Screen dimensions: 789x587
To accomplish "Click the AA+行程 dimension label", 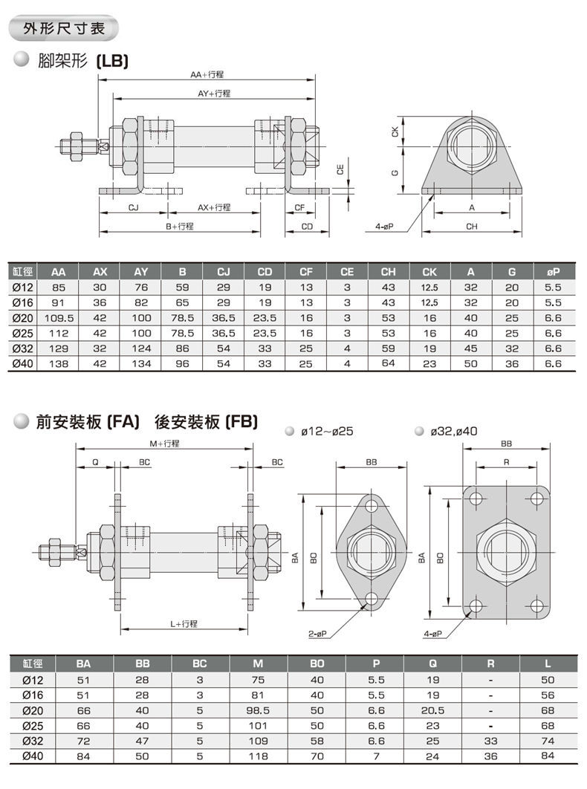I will click(x=207, y=75).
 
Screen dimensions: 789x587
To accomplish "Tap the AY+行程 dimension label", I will click(x=214, y=94).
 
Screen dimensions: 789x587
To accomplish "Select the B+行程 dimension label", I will click(x=180, y=226).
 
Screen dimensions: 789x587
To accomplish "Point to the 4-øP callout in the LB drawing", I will click(x=384, y=226).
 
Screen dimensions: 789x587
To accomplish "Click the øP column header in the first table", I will click(x=552, y=271).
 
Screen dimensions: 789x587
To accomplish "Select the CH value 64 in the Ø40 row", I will click(x=387, y=363).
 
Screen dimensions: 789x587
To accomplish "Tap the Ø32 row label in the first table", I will click(x=22, y=348).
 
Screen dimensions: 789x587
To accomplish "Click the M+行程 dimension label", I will click(x=164, y=444).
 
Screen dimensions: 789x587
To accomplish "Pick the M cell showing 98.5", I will click(x=259, y=710).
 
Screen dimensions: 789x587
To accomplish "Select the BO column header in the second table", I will click(x=317, y=663).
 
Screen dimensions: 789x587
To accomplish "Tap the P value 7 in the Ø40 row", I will click(x=376, y=756).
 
